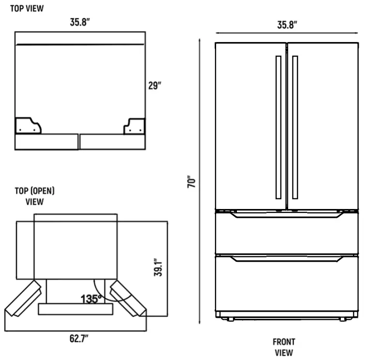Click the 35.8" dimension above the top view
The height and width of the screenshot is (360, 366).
click(x=80, y=23)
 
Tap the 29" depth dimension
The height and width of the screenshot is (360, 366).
click(x=155, y=86)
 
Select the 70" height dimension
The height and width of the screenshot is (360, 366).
click(x=192, y=182)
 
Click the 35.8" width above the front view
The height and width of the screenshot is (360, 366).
click(x=287, y=25)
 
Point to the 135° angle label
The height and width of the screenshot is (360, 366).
click(x=91, y=299)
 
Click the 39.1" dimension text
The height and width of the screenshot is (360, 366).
click(x=158, y=268)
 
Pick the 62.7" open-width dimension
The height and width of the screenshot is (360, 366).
click(x=78, y=338)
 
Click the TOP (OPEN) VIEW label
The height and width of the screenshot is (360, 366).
click(x=34, y=196)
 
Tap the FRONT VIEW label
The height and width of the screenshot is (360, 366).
click(x=284, y=347)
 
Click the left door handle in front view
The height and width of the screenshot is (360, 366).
click(x=278, y=127)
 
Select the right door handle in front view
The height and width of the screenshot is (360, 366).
click(x=295, y=127)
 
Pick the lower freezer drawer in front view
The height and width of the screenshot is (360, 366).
click(x=287, y=283)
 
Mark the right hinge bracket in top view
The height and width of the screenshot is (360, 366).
click(x=134, y=126)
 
